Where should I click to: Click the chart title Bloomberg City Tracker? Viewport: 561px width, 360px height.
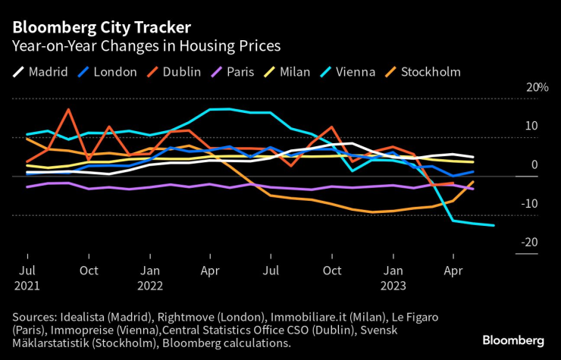click(101, 27)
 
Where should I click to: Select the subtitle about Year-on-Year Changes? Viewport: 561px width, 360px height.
click(146, 46)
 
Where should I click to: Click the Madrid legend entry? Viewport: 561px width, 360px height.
click(48, 72)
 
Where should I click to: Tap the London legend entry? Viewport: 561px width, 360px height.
click(114, 72)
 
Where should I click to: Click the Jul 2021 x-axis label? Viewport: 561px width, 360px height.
click(27, 277)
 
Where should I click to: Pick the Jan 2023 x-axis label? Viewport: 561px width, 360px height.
click(393, 277)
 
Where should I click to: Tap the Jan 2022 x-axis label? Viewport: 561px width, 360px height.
click(150, 277)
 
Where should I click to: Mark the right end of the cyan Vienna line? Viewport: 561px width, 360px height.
click(494, 225)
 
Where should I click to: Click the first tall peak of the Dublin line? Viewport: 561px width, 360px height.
click(68, 110)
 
